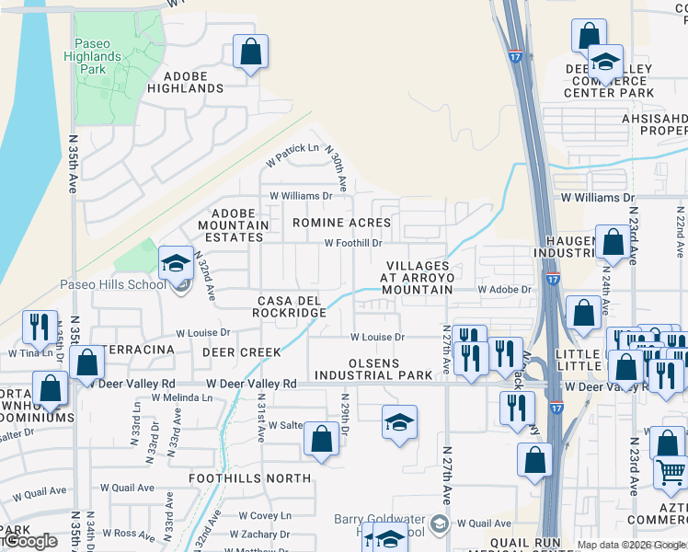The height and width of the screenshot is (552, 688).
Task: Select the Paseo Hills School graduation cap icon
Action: [173, 264]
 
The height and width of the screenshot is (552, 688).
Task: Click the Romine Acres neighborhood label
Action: [341, 223]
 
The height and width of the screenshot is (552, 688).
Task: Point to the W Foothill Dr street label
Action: [353, 243]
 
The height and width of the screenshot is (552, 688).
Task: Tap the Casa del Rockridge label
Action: [292, 306]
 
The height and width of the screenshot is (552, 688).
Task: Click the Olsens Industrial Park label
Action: [373, 368]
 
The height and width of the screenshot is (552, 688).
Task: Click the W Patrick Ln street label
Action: [292, 148]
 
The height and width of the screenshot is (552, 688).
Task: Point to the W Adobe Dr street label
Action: [504, 289]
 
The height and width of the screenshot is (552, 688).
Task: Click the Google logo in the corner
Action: [30, 541]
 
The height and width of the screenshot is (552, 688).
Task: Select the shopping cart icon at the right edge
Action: [671, 474]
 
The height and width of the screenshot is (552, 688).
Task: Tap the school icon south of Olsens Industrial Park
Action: [399, 423]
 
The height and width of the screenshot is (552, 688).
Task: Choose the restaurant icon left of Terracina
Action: [40, 328]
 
